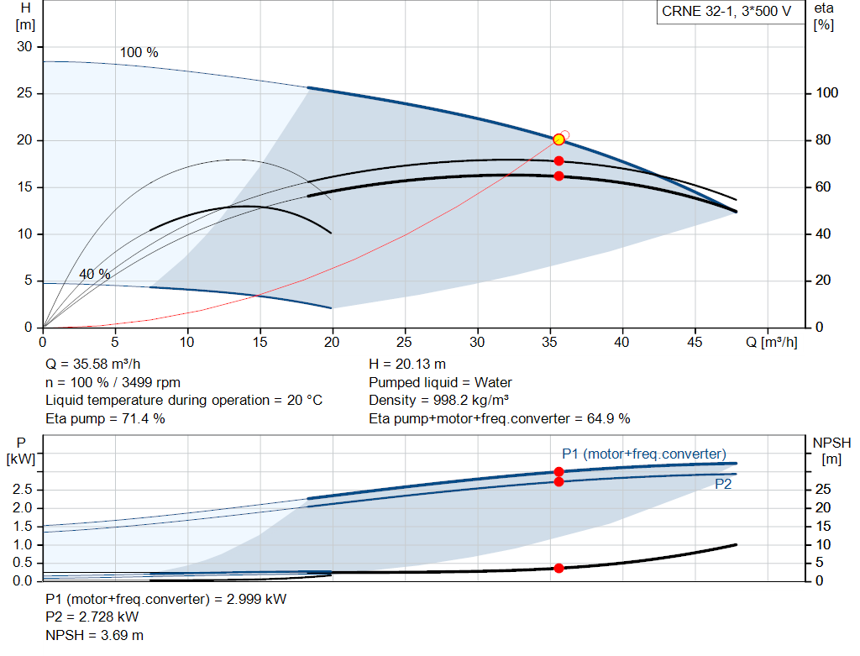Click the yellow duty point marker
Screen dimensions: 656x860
tap(558, 139)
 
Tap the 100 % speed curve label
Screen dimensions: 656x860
tap(139, 52)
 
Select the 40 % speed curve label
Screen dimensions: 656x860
tap(95, 274)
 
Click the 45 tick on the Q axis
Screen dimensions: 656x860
tap(694, 343)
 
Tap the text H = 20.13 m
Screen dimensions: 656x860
tap(407, 364)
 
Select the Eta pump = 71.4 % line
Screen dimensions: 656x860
tap(106, 417)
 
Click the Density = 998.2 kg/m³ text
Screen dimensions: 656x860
tap(439, 400)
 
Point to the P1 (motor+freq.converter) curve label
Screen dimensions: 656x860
tap(643, 454)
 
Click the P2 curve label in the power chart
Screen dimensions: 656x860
tap(723, 484)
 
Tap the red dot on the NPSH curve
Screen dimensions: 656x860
tap(558, 568)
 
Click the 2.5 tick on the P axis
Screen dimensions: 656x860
tap(24, 489)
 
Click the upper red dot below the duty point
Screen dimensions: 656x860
tap(558, 160)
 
